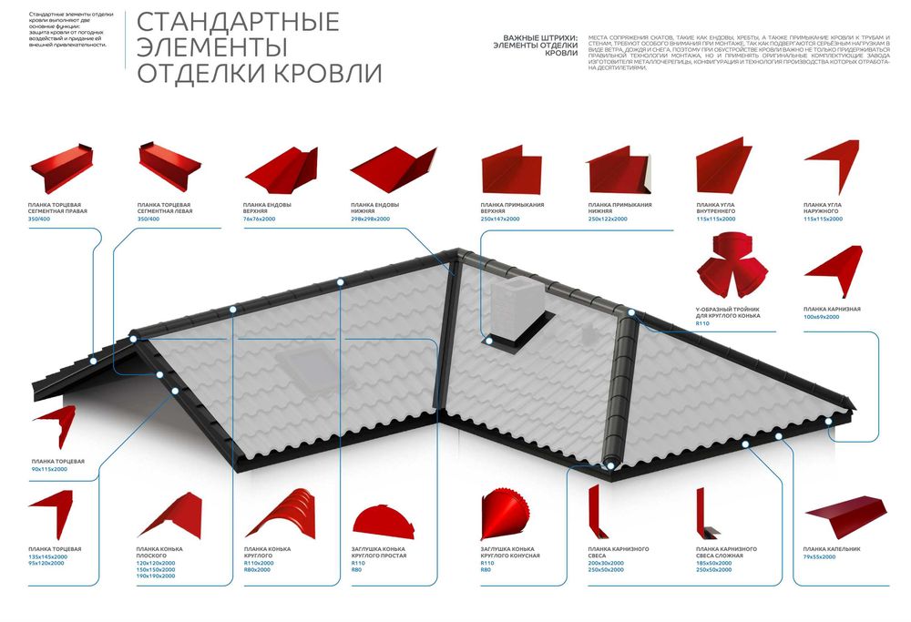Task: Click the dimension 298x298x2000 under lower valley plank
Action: (370, 219)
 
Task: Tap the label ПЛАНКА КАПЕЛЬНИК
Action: (832, 549)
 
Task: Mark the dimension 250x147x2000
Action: (500, 219)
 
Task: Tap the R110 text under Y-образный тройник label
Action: (701, 323)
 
